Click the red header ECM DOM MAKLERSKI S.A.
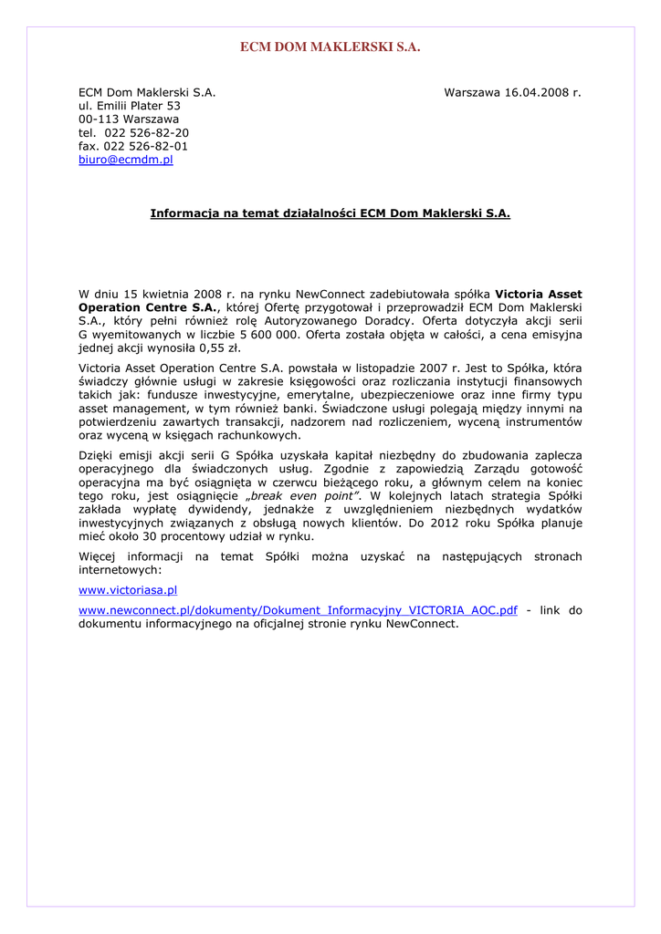[x=330, y=47]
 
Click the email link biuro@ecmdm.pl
[x=125, y=160]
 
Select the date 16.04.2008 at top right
[x=538, y=92]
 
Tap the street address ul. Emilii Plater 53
[x=129, y=106]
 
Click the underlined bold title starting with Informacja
[x=330, y=213]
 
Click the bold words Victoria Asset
[x=538, y=295]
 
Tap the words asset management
[x=124, y=409]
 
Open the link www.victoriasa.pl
[x=128, y=591]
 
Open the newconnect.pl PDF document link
[x=298, y=611]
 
